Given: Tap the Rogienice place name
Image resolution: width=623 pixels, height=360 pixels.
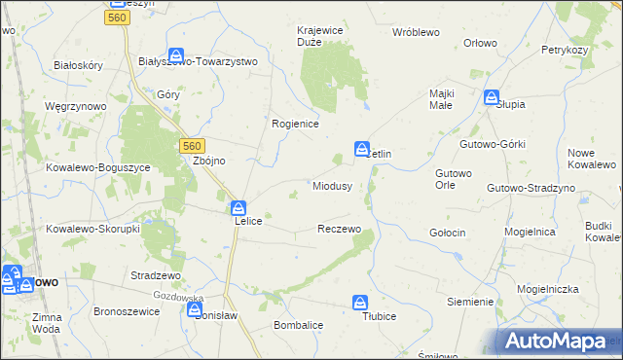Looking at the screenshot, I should pos(295,124).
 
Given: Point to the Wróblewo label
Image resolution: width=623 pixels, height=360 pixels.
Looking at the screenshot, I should pos(416,32).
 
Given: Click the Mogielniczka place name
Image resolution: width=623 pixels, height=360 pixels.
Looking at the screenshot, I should pos(548,289).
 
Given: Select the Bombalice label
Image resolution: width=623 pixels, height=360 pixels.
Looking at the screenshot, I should pos(299,324).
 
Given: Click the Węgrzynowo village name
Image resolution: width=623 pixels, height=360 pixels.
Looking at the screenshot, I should pos(74,105).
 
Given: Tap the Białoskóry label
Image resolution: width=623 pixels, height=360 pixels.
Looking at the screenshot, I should pos(79,64).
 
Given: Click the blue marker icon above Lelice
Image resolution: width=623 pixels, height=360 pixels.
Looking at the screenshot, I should pos(238,208).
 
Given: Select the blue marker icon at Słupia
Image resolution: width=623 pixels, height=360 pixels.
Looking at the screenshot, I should pos(492,97).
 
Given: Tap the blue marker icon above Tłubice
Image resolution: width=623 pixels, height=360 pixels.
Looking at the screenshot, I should pos(360,303).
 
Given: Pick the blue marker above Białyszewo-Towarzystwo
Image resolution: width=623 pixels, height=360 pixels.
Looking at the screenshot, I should pos(176,55).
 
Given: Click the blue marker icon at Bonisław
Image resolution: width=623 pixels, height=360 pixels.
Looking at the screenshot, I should pos(194,309).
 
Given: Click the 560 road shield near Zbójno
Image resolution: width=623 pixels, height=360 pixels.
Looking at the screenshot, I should pos(192,145).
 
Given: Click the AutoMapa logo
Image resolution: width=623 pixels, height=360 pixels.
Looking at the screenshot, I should pos(553,341).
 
